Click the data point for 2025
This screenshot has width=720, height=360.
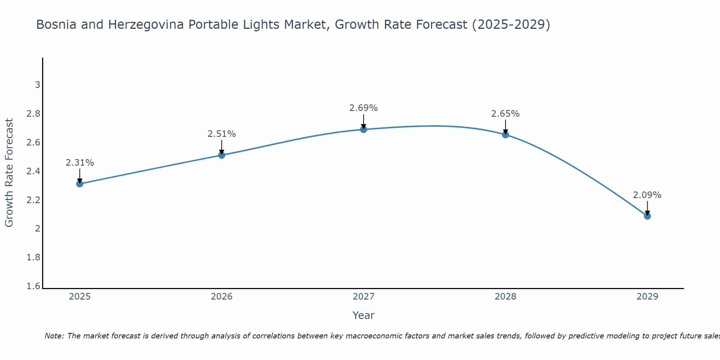tap(80, 184)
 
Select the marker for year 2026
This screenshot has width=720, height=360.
tap(222, 155)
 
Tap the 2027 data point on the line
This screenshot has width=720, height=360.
tap(364, 129)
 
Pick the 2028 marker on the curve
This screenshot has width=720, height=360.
tap(505, 135)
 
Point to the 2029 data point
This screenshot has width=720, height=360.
tap(647, 216)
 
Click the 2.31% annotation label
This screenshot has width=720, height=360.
tap(80, 163)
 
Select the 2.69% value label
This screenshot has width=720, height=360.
tap(364, 108)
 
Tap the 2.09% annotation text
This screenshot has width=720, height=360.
tap(647, 195)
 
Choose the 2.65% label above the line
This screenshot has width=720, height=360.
tap(505, 114)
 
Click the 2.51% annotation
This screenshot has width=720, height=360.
tap(222, 134)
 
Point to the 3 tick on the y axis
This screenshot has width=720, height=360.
tap(37, 85)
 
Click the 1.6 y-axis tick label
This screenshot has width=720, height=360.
tap(33, 286)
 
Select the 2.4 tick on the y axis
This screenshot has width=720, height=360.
tap(33, 171)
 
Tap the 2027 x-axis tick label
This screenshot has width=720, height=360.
tap(364, 297)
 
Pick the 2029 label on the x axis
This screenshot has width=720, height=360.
tap(647, 297)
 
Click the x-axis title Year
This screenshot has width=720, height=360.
tap(364, 315)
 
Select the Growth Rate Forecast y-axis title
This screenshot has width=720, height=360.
tap(9, 172)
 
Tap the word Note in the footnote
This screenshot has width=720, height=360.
tap(54, 336)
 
